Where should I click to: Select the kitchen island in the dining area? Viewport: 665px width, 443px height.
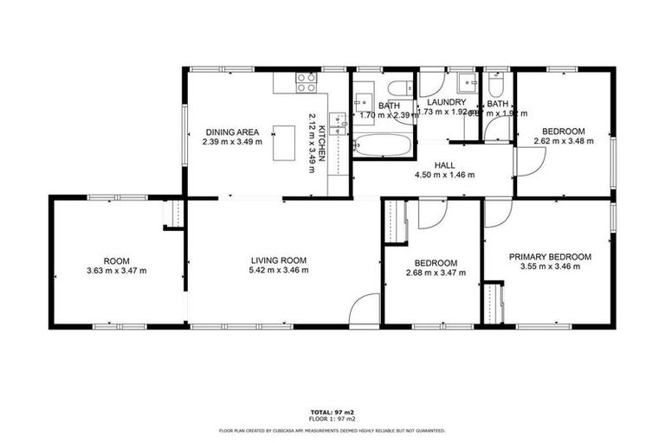click(284, 143)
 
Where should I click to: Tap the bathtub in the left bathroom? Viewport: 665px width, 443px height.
click(383, 144)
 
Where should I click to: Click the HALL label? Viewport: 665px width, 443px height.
click(445, 164)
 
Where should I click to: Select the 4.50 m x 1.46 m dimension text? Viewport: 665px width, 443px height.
click(445, 174)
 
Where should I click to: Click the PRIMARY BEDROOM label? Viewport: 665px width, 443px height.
click(550, 256)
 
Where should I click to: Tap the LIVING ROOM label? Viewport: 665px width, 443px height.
click(279, 260)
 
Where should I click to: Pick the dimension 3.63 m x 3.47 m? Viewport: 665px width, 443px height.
click(117, 271)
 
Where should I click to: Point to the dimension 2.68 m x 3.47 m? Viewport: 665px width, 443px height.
click(435, 273)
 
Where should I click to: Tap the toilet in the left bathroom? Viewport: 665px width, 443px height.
click(400, 88)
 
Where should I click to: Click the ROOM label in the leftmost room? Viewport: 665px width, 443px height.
click(117, 260)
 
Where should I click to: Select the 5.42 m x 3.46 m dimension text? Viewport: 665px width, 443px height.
click(279, 271)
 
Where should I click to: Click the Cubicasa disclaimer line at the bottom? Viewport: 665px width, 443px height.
click(332, 430)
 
